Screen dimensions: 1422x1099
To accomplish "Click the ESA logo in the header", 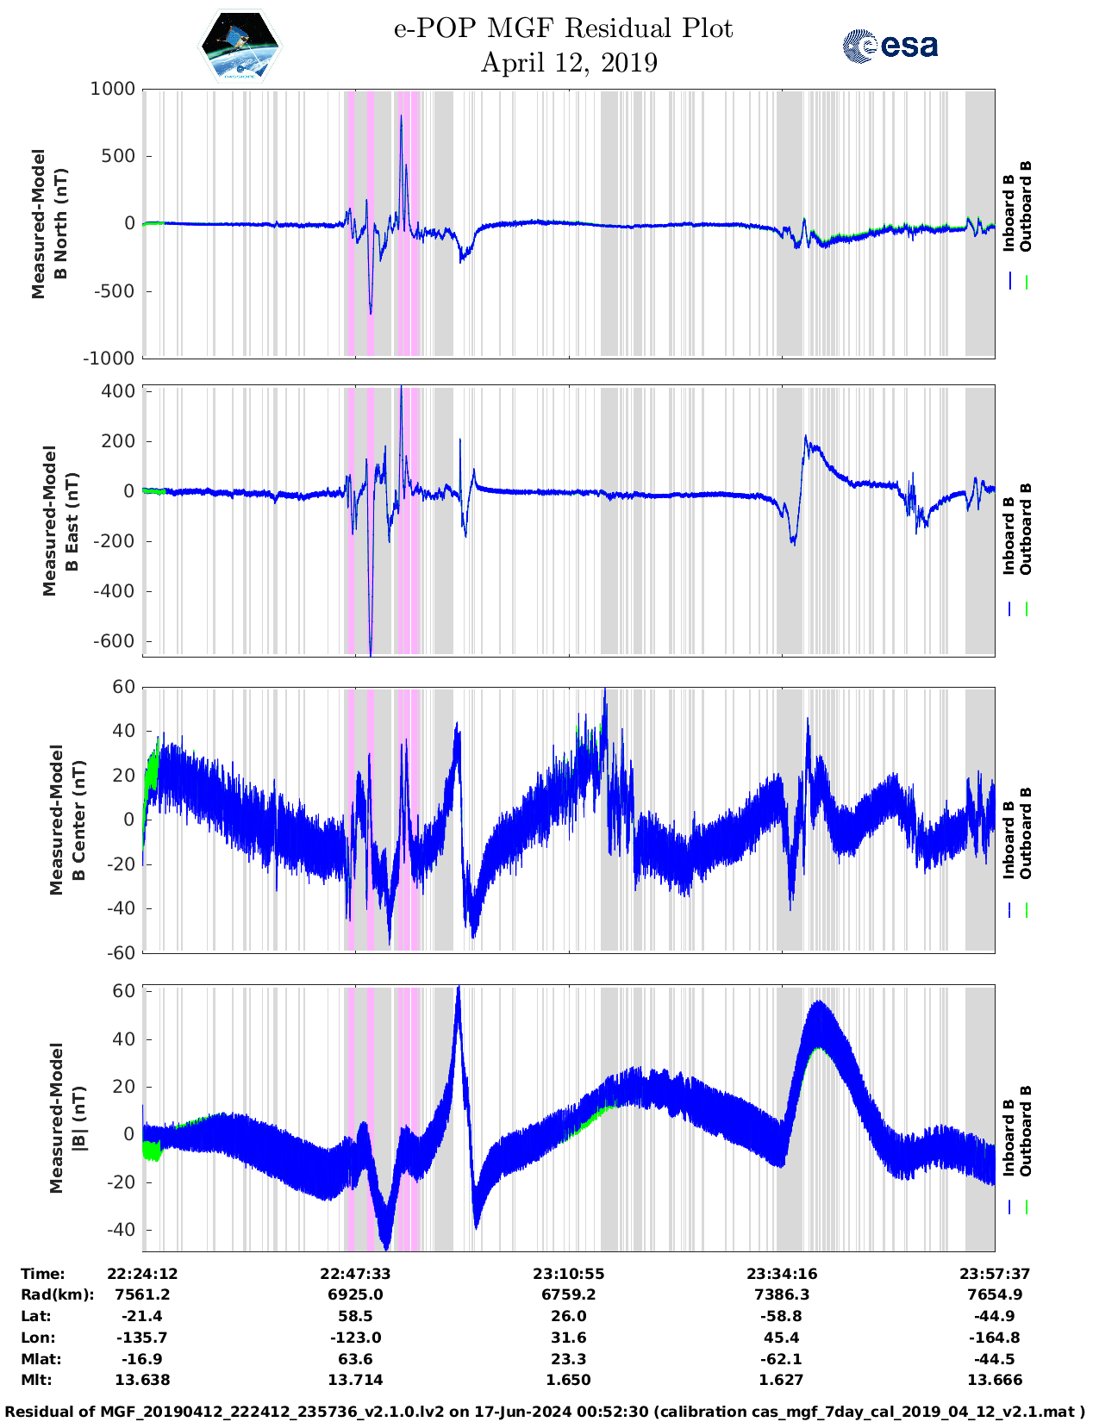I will pos(890,45).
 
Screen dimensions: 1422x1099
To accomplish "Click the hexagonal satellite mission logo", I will pos(240,45).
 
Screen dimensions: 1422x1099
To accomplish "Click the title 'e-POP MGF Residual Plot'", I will pos(563,28).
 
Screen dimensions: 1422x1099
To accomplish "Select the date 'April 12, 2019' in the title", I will pos(569,63).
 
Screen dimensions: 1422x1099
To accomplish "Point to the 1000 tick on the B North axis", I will pos(114,89).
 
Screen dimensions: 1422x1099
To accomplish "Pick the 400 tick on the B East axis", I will pos(119,391).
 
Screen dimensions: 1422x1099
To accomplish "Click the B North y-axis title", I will pos(49,224).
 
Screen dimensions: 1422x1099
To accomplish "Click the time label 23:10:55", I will pos(569,1274).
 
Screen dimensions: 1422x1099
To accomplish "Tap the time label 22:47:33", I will pos(356,1274).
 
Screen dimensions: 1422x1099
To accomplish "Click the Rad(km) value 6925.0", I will pos(356,1294).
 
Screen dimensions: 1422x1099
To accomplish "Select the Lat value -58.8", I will pos(782,1316).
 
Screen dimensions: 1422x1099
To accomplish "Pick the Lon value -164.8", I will pos(995,1338).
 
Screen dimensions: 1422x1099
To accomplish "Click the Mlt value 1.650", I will pos(569,1380).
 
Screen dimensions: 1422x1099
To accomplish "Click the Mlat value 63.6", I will pos(356,1359).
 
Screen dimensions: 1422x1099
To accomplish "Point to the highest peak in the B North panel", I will pos(401,116).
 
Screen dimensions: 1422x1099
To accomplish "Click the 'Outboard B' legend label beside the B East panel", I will pos(1026,529).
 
